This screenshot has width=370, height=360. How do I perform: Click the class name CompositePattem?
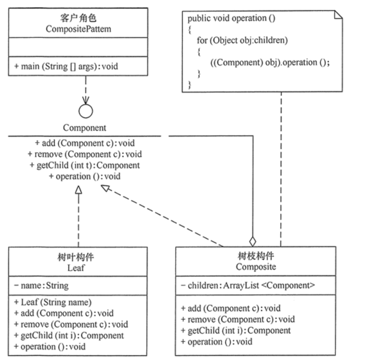click(78, 29)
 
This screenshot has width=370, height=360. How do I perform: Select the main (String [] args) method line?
click(66, 66)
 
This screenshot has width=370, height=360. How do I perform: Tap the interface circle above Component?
click(86, 111)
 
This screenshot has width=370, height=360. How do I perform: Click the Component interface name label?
click(85, 128)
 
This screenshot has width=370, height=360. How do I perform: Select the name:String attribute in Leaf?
click(41, 286)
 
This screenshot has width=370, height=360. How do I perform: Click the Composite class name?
click(256, 267)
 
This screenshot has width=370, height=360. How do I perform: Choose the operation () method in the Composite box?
click(217, 341)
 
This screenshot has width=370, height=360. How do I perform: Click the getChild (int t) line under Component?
click(85, 166)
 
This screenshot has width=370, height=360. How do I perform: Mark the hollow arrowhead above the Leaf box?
click(78, 190)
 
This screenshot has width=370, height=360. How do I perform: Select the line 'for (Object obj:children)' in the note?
click(242, 40)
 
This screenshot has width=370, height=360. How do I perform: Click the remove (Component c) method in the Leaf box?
click(71, 325)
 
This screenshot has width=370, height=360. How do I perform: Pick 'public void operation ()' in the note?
click(231, 19)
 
